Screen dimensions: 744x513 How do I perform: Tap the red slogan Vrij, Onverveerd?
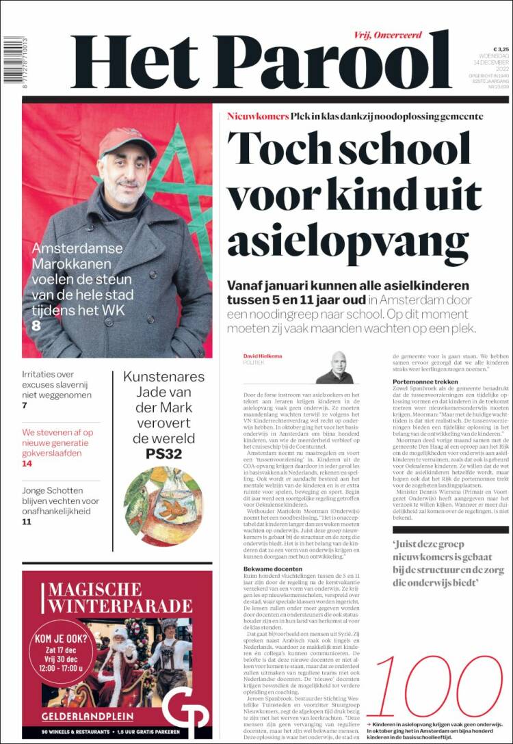(388, 35)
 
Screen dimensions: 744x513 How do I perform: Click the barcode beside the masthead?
(12, 60)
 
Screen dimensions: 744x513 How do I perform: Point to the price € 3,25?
(501, 50)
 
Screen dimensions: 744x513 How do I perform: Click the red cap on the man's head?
(126, 141)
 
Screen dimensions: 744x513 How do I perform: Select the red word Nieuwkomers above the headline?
(258, 116)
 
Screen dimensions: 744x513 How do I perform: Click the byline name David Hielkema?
(263, 356)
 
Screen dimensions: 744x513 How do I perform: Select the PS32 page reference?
(163, 453)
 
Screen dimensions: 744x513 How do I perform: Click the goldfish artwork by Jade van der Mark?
(163, 505)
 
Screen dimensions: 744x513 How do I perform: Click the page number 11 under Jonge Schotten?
(27, 522)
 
